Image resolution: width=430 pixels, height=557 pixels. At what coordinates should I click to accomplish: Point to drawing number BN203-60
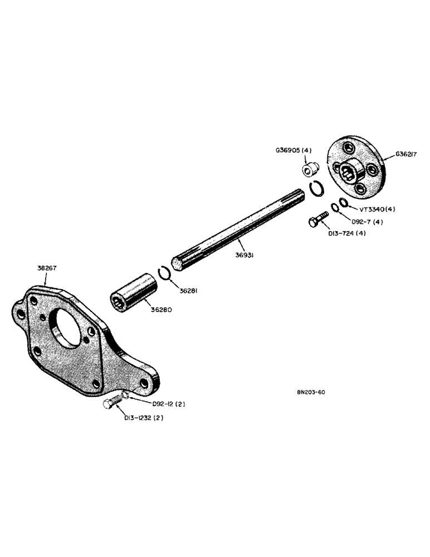pyautogui.click(x=311, y=392)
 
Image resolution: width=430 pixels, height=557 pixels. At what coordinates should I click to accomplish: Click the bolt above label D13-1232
pyautogui.click(x=111, y=404)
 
